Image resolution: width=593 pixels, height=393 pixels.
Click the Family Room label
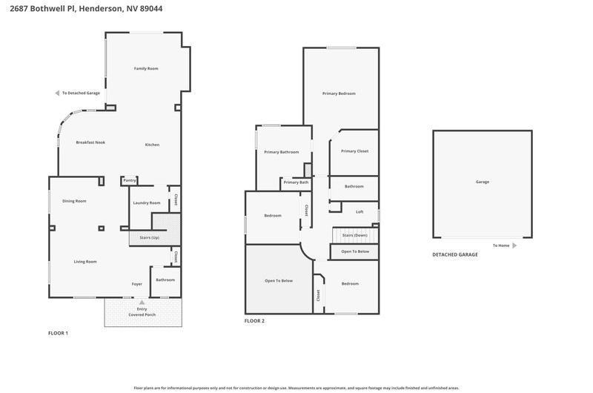pos(146,68)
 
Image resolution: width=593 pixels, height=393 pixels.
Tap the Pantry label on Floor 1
pos(129,180)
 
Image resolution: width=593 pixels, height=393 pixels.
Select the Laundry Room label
pos(147,202)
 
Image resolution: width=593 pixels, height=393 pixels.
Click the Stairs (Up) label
pos(150,237)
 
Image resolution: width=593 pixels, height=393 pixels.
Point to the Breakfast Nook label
pos(90,142)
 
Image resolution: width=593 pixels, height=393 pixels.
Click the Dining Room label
pos(74,201)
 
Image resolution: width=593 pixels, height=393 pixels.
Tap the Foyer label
pos(137,284)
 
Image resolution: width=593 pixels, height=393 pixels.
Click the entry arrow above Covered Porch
pos(142,303)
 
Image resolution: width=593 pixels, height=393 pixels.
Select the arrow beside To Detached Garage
pos(57,93)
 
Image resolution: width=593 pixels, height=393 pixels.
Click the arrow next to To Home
pos(514,245)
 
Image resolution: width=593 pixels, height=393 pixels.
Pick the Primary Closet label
pos(355,151)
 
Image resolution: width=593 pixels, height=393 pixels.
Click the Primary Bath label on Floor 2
pos(296,182)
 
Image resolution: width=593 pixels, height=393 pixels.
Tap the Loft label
pos(360,212)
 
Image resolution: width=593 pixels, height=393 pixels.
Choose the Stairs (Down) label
pos(355,235)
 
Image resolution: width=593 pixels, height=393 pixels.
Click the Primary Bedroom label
pos(339,93)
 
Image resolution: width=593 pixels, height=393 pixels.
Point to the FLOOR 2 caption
pos(254,321)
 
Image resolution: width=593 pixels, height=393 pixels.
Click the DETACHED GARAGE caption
pos(455,254)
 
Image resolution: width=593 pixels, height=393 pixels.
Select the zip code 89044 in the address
pos(151,8)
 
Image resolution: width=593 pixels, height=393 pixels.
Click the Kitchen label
pos(152,145)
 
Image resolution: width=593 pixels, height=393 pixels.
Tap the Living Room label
pos(85,261)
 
